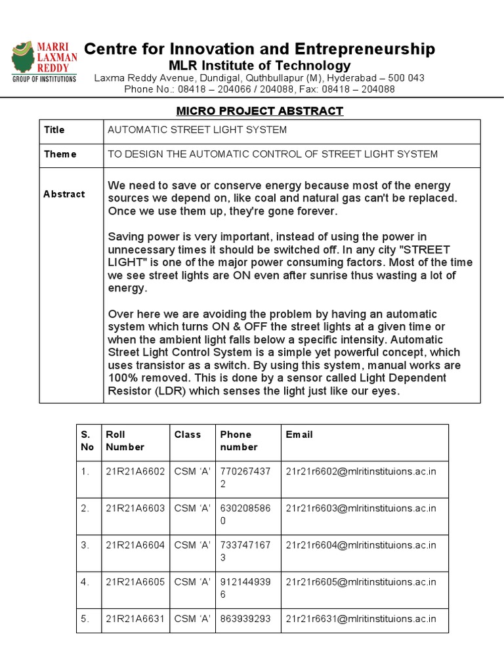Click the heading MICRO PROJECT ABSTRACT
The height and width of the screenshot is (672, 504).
[x=259, y=111]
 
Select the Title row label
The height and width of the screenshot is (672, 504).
[x=54, y=130]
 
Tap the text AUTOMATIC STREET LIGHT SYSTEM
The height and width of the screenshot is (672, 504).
[x=197, y=130]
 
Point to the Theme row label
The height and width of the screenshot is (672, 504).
[x=60, y=154]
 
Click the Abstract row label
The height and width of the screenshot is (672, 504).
[x=64, y=194]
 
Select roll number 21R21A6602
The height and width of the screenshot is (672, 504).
[x=136, y=471]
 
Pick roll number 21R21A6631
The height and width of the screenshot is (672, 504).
[x=136, y=618]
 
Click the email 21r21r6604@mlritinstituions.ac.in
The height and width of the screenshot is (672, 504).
[x=361, y=545]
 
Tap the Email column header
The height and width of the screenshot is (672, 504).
[x=299, y=434]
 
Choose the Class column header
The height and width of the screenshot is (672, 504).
[x=187, y=434]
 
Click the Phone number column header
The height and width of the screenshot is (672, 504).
[x=239, y=440]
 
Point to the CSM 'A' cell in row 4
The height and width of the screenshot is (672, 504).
[x=192, y=581]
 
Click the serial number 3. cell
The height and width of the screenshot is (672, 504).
[x=85, y=545]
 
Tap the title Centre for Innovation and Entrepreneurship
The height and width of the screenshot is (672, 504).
[x=260, y=49]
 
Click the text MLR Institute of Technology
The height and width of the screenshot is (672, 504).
[x=260, y=66]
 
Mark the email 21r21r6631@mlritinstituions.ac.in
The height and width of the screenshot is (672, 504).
[x=361, y=618]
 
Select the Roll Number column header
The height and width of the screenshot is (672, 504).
[x=125, y=440]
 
